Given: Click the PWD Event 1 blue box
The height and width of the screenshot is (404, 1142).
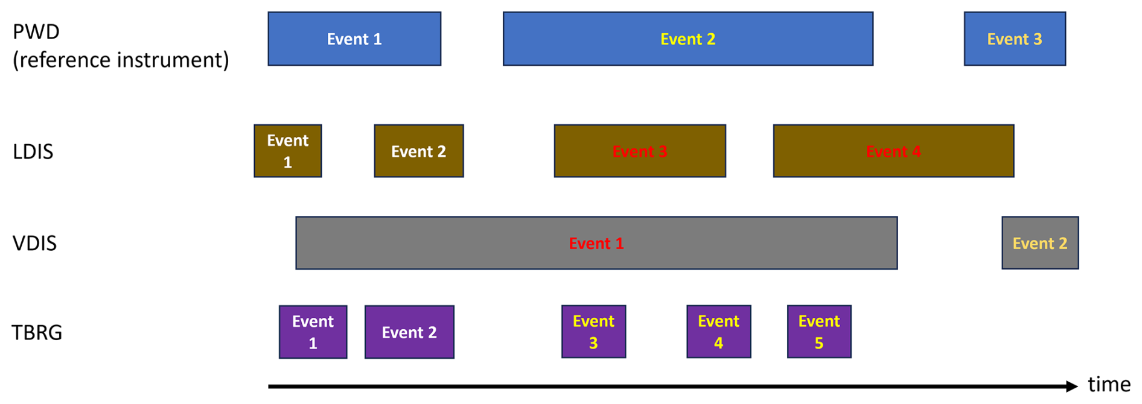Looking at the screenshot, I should [x=354, y=39].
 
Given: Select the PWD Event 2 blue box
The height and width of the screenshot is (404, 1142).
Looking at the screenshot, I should [x=687, y=39].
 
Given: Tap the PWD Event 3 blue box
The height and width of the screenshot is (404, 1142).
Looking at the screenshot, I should [x=1015, y=39].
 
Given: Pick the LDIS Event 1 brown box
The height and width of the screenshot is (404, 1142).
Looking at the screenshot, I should [x=287, y=151].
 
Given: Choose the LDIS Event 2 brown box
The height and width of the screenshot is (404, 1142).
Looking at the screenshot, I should [x=418, y=151].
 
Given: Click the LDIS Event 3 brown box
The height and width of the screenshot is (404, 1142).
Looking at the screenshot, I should [x=640, y=151].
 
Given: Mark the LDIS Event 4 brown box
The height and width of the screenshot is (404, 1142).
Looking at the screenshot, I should [x=893, y=151].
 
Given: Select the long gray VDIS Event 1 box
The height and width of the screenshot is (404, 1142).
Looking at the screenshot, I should [x=596, y=243].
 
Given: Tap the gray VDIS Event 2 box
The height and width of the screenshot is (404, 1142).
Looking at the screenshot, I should [x=1039, y=243].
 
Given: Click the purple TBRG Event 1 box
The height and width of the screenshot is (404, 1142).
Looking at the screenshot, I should [x=313, y=332].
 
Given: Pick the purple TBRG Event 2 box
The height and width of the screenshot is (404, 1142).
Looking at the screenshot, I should [x=409, y=332].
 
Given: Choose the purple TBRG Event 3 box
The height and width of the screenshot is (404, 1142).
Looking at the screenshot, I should [x=593, y=332].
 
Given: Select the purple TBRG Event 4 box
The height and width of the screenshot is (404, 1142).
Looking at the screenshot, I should [x=718, y=332].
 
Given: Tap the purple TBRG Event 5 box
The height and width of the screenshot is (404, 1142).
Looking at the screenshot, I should [x=819, y=332].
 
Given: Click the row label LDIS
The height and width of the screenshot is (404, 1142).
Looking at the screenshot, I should [x=33, y=151].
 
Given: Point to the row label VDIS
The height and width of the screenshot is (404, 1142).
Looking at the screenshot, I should [x=34, y=243].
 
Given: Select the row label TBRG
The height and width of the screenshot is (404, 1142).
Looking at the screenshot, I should [x=37, y=332].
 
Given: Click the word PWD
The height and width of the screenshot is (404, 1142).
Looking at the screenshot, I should [x=36, y=31].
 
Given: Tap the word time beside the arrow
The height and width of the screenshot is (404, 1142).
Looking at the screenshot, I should [x=1109, y=384].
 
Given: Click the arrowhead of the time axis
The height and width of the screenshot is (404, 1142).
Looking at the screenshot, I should [x=1072, y=386].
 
